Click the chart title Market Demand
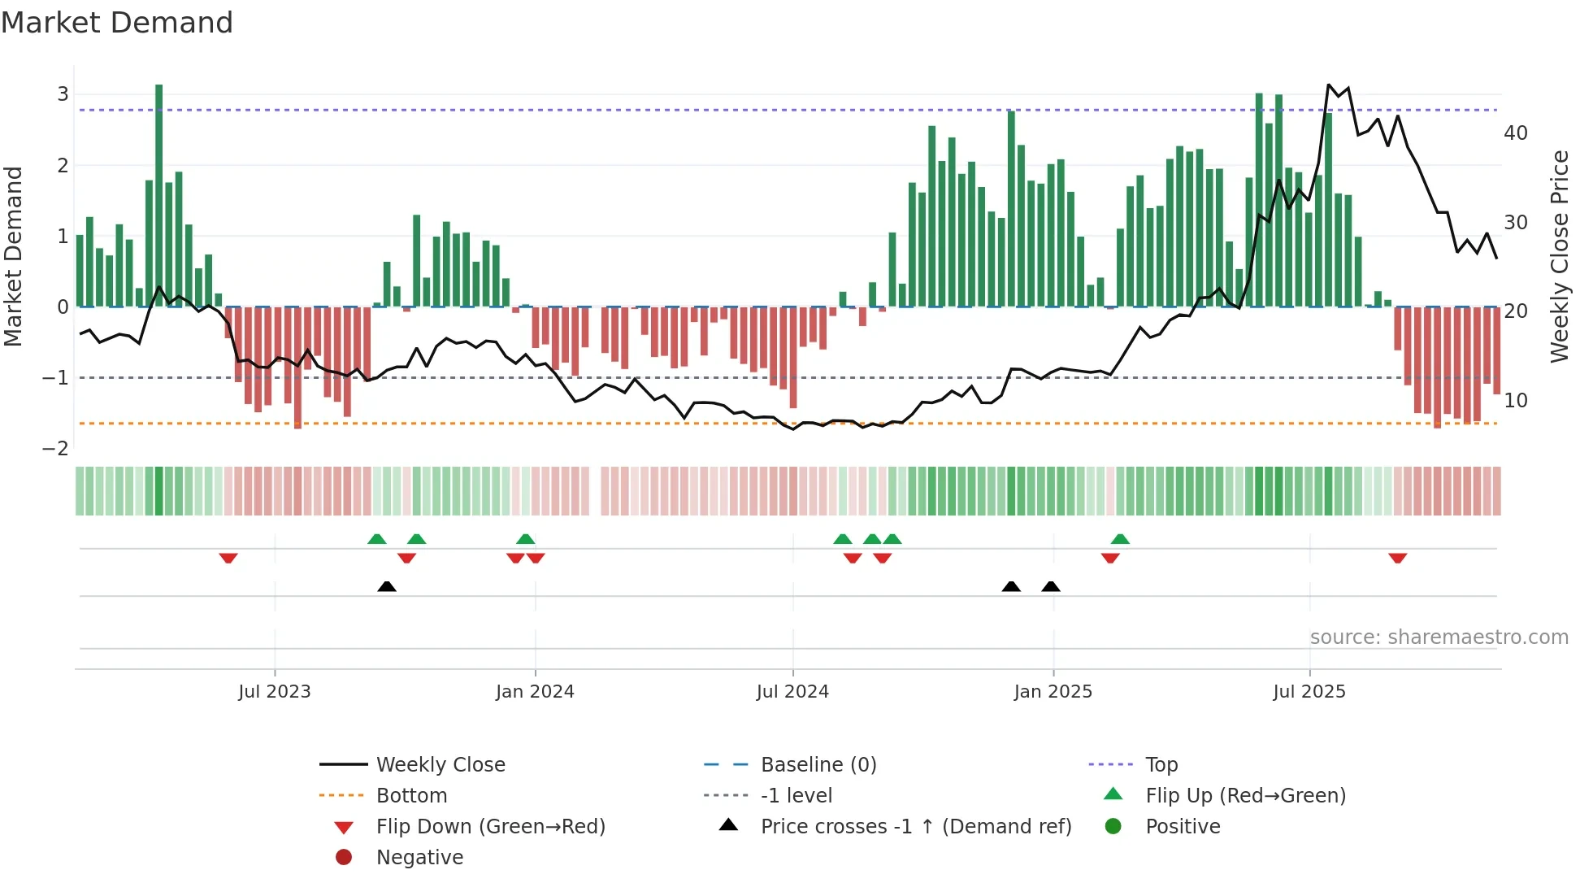click(x=117, y=23)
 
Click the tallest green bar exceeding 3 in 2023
click(x=158, y=195)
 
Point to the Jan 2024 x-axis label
click(x=535, y=692)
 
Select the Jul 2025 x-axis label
click(x=1309, y=692)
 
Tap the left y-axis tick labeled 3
click(x=63, y=94)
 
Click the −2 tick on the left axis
click(x=56, y=449)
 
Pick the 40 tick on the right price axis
click(x=1515, y=133)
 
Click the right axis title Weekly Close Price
click(x=1559, y=256)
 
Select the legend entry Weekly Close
click(x=440, y=765)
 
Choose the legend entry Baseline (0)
click(x=818, y=765)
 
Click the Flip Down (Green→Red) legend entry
click(x=490, y=827)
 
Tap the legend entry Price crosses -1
click(x=915, y=827)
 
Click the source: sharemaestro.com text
click(x=1439, y=637)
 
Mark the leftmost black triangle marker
click(x=387, y=586)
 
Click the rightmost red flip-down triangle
click(x=1397, y=558)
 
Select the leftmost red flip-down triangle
click(x=228, y=558)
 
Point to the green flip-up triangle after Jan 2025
click(x=1120, y=539)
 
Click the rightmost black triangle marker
click(x=1051, y=586)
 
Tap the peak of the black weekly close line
click(x=1328, y=85)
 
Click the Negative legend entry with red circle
click(x=419, y=858)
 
